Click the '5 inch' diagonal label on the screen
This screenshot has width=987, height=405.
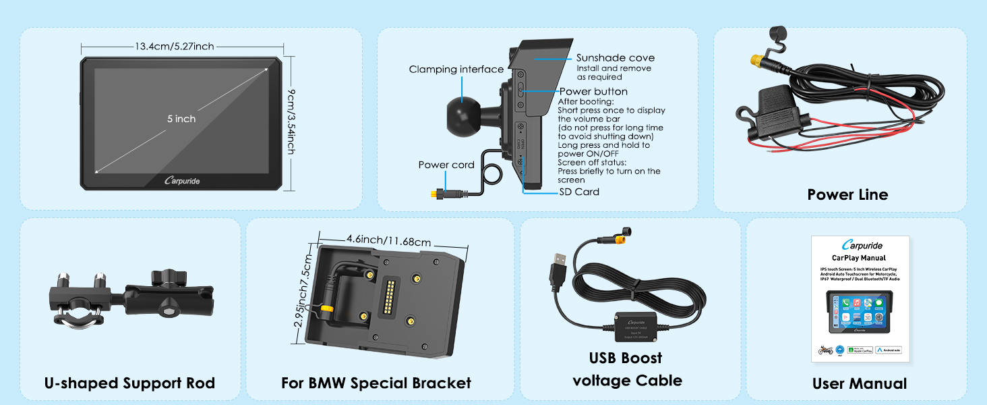coord(181,119)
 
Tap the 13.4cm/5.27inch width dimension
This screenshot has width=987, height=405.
coord(174,47)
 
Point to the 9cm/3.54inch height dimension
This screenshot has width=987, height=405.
coord(291,124)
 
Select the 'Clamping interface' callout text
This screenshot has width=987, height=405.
coord(456,70)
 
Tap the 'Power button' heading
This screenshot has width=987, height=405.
coord(593,92)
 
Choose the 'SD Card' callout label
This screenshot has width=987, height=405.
coord(579,192)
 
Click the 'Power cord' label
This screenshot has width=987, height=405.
coord(446,165)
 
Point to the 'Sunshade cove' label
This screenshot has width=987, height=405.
coord(615,58)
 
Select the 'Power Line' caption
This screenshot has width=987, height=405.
coord(847,194)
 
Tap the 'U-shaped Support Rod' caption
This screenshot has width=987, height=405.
coord(129,383)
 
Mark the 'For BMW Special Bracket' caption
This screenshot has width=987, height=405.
coord(376,383)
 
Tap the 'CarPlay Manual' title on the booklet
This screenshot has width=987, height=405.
coord(859,258)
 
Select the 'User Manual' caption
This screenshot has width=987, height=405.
coord(859,384)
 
